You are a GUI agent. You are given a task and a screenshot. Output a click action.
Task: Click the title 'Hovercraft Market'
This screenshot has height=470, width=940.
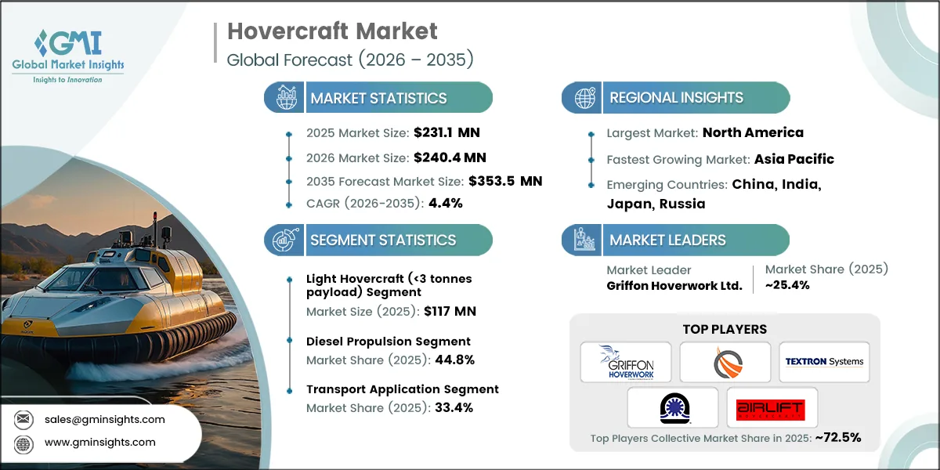pyautogui.click(x=332, y=31)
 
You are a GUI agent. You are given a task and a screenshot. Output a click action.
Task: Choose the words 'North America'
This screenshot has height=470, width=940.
pyautogui.click(x=753, y=132)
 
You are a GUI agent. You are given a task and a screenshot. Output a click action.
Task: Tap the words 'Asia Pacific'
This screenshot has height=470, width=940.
pyautogui.click(x=794, y=159)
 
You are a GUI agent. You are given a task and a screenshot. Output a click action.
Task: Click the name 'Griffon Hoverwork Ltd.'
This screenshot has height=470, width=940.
pyautogui.click(x=674, y=285)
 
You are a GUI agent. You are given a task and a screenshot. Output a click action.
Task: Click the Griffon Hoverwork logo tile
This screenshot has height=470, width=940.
pyautogui.click(x=626, y=362)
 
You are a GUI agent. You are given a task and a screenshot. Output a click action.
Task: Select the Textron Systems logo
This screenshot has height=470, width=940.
pyautogui.click(x=825, y=362)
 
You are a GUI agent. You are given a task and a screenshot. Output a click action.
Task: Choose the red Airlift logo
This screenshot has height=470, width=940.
pyautogui.click(x=772, y=407)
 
